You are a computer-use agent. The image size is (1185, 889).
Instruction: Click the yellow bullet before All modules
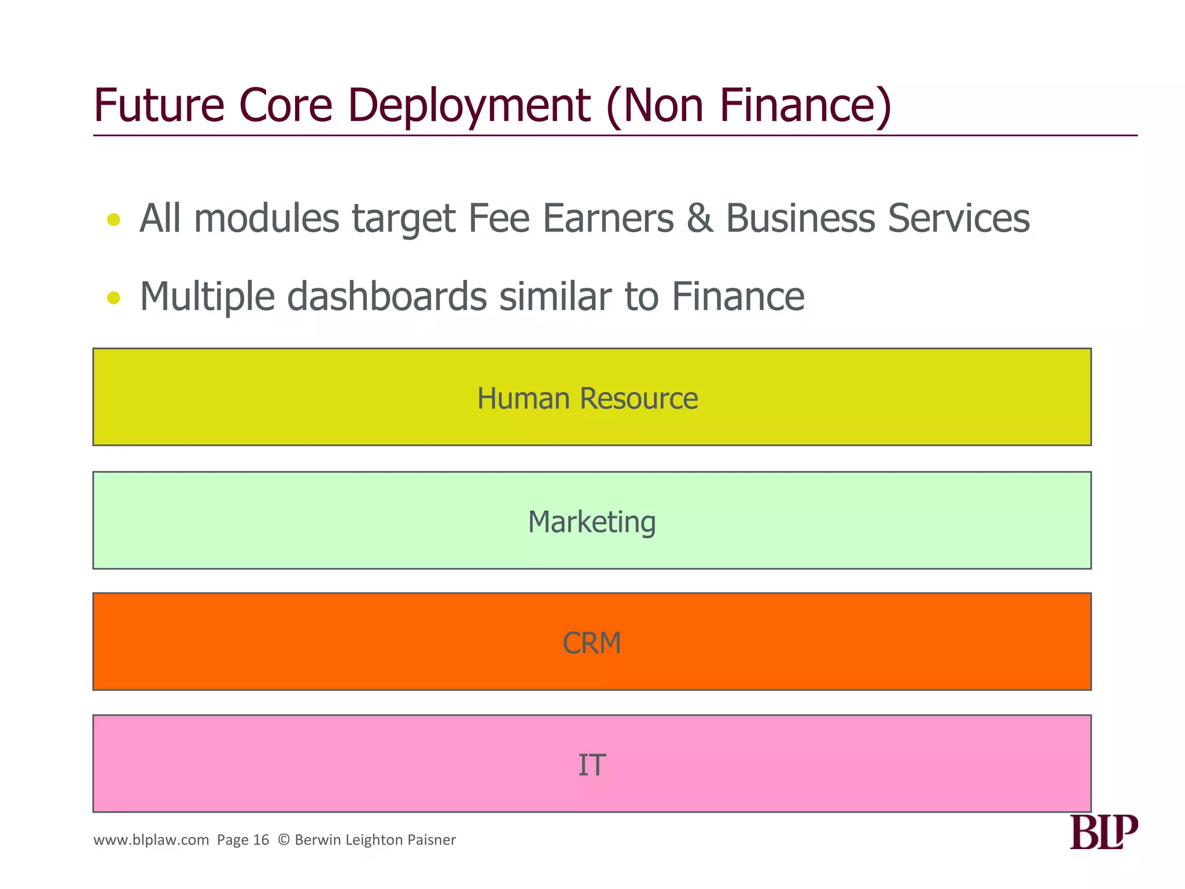(114, 219)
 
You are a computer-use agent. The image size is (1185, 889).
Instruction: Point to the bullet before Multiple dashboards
(114, 297)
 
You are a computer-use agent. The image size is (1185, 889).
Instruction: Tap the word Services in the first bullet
(959, 219)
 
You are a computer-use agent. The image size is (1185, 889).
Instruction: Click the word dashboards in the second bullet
(387, 296)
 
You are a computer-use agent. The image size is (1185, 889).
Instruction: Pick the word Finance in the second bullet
(738, 296)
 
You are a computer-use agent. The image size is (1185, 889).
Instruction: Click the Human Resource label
(587, 398)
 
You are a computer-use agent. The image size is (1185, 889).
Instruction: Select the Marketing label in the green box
(591, 522)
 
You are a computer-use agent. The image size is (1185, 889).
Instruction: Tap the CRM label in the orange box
(591, 643)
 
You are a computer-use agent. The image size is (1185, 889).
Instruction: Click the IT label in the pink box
(591, 765)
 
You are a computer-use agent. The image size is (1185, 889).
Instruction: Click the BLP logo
(1103, 832)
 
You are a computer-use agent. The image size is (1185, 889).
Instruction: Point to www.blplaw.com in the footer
(151, 840)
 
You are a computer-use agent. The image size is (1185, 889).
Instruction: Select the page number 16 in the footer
(262, 840)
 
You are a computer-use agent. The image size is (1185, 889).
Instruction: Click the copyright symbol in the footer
(284, 840)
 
